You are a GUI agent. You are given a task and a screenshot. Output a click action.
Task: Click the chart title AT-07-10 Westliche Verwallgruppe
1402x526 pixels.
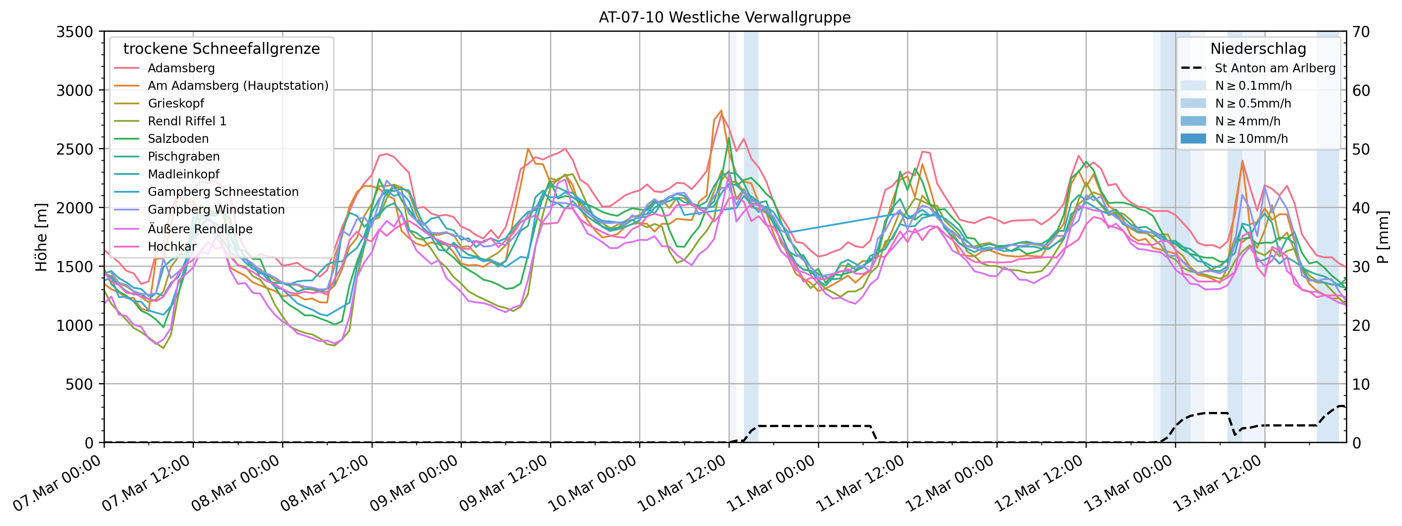click(x=724, y=17)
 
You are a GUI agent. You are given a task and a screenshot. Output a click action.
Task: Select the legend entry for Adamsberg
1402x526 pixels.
click(x=181, y=68)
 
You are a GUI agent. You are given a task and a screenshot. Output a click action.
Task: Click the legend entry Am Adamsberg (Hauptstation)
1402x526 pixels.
click(x=238, y=86)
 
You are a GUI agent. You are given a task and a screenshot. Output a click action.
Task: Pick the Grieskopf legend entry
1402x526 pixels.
click(x=176, y=103)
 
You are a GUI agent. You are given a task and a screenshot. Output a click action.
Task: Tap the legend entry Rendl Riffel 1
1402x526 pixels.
click(x=187, y=121)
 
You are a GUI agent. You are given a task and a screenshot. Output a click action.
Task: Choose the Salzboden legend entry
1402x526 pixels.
click(x=178, y=139)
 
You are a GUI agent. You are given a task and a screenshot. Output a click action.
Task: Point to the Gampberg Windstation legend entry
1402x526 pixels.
click(x=216, y=209)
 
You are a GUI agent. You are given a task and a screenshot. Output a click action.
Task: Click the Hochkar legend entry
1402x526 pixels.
click(x=172, y=246)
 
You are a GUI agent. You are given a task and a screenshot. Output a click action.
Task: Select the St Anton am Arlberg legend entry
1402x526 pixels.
click(x=1275, y=68)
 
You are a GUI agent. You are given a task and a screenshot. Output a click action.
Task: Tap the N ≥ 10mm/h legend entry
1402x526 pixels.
click(x=1251, y=139)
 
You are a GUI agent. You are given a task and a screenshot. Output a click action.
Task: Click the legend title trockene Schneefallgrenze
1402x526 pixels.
click(x=222, y=49)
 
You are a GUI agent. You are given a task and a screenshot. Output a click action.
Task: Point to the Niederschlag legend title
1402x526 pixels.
click(x=1258, y=49)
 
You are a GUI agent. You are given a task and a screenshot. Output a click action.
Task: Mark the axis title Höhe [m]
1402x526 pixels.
click(x=41, y=237)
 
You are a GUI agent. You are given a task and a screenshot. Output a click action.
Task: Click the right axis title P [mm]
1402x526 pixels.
click(x=1383, y=237)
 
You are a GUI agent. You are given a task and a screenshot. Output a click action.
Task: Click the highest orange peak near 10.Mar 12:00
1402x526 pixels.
click(x=721, y=110)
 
